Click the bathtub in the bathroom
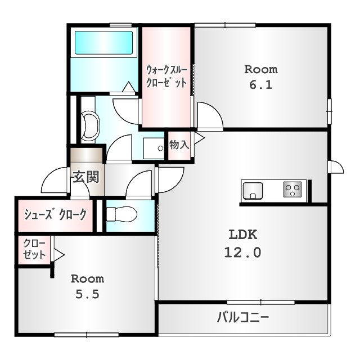tap(104, 43)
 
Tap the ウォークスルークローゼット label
tap(166, 76)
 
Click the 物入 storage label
tap(179, 145)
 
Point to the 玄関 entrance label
tap(85, 177)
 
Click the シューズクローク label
tap(55, 214)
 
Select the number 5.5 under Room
tap(87, 294)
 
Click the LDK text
tap(243, 233)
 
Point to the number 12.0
tap(243, 253)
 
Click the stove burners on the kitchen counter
tap(292, 190)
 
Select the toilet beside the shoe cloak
tap(121, 214)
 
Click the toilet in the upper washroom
tap(90, 125)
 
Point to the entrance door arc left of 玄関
tap(53, 181)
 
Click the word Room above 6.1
tap(260, 70)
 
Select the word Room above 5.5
tap(87, 278)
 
